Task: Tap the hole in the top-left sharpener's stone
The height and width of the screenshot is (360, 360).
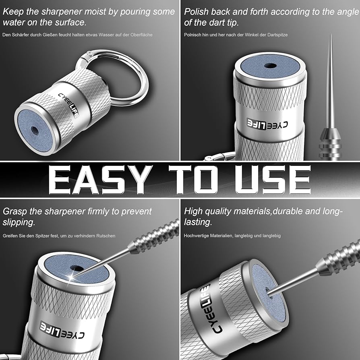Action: [35, 130]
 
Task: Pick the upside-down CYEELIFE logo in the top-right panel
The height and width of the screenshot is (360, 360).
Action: [267, 124]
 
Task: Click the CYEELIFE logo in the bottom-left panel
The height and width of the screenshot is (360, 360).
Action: [62, 330]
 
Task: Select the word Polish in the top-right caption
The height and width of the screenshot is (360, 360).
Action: [196, 12]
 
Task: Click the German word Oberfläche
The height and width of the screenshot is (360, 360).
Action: [141, 35]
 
